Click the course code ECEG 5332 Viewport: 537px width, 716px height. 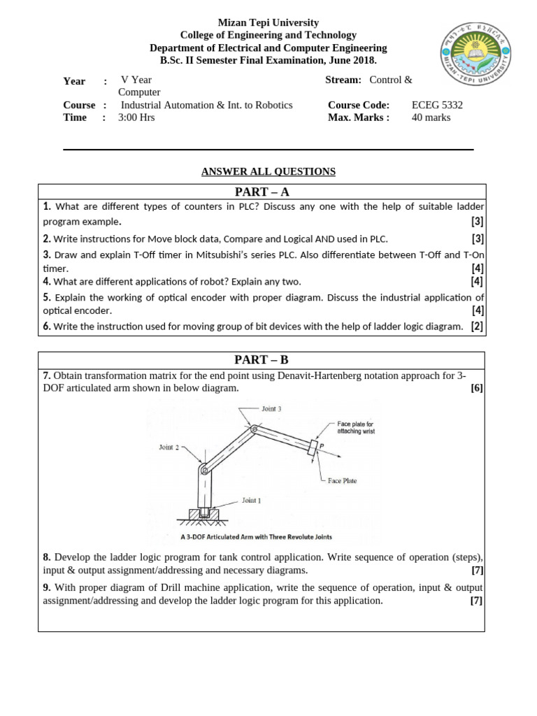coord(437,105)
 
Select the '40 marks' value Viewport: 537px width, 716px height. coord(431,117)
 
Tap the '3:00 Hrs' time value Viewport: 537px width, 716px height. coord(136,117)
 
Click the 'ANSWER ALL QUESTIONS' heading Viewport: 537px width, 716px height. coord(268,171)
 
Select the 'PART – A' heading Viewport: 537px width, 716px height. coord(262,192)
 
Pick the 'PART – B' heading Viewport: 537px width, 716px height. coord(262,360)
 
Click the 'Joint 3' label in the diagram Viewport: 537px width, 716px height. coord(271,409)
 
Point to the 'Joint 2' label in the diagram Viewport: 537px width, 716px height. coord(170,447)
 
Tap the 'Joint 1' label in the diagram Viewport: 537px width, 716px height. coord(252,501)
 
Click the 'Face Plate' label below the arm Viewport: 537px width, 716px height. coord(342,481)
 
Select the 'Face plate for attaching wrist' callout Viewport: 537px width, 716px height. coord(356,428)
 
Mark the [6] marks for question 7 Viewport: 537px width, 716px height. coord(477,389)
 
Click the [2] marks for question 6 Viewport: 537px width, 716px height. coord(477,326)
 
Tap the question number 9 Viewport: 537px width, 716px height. coord(47,588)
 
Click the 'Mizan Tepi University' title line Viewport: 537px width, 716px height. coord(268,23)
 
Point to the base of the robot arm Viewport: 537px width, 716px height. coord(203,515)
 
